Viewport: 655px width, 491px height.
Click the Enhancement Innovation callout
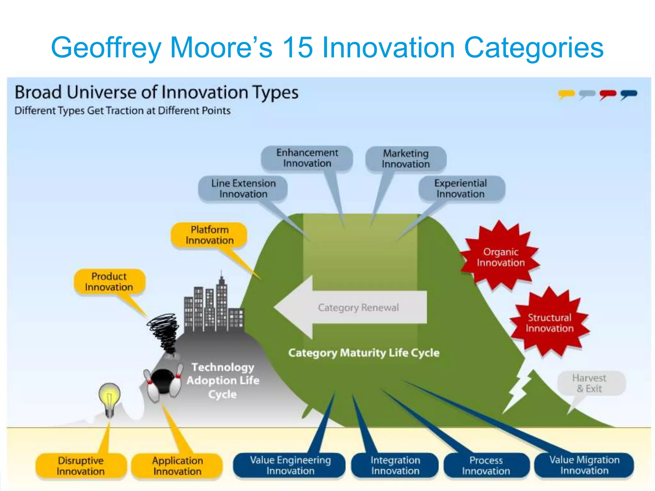[x=307, y=158]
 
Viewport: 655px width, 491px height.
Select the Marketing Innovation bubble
[x=406, y=159]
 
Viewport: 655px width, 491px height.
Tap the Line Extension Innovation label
[x=243, y=189]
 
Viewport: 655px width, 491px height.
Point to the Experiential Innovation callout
[x=461, y=189]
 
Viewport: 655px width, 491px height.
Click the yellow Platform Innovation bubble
[x=209, y=235]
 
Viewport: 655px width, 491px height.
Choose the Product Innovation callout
[x=109, y=282]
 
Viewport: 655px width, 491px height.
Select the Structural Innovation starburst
[x=549, y=323]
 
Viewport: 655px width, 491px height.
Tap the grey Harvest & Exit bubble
[x=589, y=383]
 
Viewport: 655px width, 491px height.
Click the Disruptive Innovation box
[x=81, y=466]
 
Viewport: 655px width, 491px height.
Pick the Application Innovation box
[x=177, y=466]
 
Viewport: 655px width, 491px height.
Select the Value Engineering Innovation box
[x=290, y=465]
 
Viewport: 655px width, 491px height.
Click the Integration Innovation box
[x=395, y=465]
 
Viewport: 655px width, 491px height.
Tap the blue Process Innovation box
[x=485, y=465]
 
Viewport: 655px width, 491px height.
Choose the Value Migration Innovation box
[x=584, y=465]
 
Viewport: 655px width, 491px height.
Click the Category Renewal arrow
[x=352, y=308]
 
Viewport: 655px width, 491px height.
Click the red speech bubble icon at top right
[x=608, y=94]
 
